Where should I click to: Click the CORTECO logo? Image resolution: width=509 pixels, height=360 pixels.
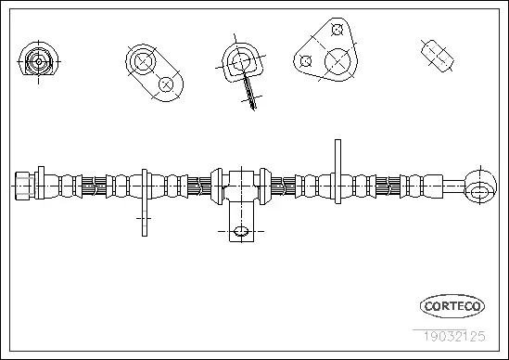[x=452, y=305]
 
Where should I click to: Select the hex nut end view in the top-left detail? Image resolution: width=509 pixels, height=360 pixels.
[x=37, y=63]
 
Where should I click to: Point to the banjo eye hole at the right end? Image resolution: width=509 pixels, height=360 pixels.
[x=480, y=191]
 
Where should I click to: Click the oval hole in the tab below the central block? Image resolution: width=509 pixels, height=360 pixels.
[x=240, y=231]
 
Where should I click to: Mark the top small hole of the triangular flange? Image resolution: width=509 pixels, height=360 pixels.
[x=337, y=30]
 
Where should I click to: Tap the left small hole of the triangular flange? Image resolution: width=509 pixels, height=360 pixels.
[x=305, y=61]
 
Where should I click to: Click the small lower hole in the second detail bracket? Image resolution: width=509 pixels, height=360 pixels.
[x=166, y=84]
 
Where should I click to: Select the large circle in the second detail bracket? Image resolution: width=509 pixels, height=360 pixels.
[x=144, y=62]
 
